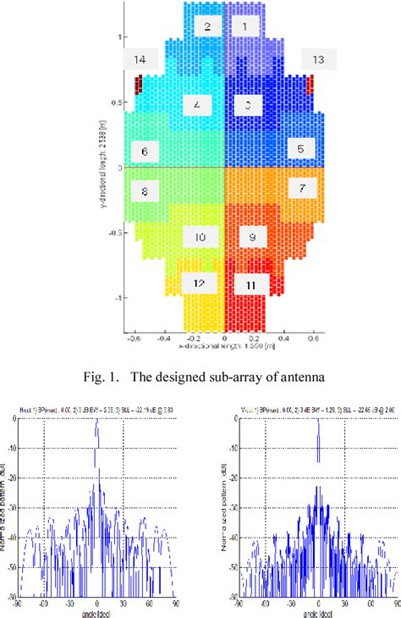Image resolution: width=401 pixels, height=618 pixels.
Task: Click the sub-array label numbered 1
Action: [x=245, y=26]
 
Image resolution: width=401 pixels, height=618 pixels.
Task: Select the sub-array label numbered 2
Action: [x=206, y=26]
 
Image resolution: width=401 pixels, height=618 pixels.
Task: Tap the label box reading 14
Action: [x=140, y=59]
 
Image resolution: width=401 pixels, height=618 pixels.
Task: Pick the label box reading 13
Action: [x=319, y=59]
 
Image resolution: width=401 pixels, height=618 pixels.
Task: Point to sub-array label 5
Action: [x=301, y=149]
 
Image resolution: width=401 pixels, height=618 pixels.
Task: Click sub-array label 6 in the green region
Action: [x=146, y=152]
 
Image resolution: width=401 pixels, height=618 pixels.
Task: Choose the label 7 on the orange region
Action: [x=302, y=187]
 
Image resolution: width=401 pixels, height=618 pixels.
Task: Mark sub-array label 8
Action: [x=146, y=191]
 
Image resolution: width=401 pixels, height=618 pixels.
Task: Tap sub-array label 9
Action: [x=252, y=237]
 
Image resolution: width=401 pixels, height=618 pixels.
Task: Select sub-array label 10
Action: [x=200, y=237]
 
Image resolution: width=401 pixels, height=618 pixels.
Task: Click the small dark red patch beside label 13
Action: [x=310, y=84]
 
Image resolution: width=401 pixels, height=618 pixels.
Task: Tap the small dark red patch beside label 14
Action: [x=139, y=85]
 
